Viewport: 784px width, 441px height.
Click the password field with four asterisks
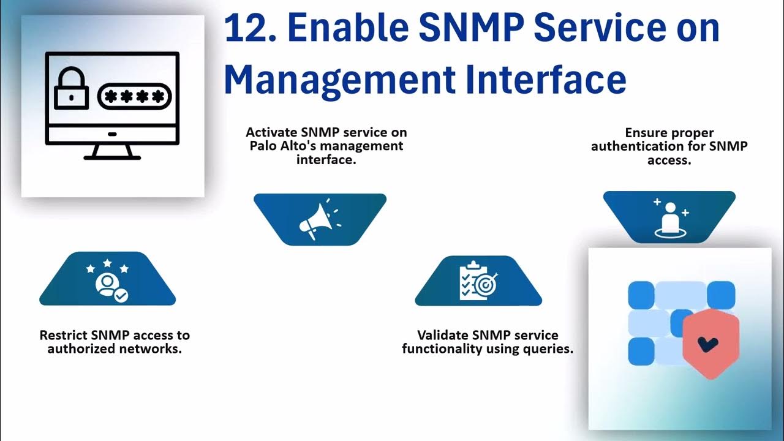click(133, 96)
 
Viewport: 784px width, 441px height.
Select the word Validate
click(443, 336)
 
